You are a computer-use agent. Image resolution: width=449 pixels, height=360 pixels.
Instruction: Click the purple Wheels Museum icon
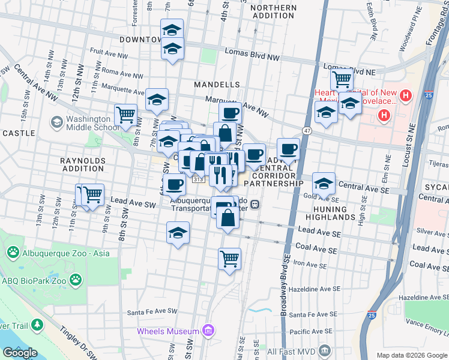[x=208, y=331]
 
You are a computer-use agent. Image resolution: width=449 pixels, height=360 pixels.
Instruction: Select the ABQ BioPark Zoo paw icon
[x=76, y=279]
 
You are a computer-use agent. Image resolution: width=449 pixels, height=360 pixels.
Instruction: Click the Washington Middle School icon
[x=56, y=122]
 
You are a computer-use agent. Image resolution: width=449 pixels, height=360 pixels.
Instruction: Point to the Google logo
[x=20, y=353]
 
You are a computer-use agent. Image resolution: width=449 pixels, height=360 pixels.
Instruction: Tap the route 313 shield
[x=199, y=179]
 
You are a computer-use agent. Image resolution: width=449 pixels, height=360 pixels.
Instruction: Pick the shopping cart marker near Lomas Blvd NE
[x=342, y=79]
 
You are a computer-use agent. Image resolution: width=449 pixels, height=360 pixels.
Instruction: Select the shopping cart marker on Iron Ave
[x=229, y=259]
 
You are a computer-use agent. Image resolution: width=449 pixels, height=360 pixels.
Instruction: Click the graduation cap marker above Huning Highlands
[x=324, y=183]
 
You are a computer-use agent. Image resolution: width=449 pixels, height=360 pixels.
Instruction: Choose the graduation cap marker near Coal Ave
[x=178, y=233]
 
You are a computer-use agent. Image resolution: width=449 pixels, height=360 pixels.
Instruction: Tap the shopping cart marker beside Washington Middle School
[x=126, y=114]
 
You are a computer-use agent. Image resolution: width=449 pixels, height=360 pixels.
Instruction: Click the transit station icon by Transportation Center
[x=255, y=204]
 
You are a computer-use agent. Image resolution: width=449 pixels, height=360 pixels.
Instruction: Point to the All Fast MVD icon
[x=325, y=350]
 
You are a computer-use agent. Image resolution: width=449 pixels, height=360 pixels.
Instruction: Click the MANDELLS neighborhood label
[x=217, y=85]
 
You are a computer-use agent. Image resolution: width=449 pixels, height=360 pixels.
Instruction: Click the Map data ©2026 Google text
[x=411, y=355]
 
